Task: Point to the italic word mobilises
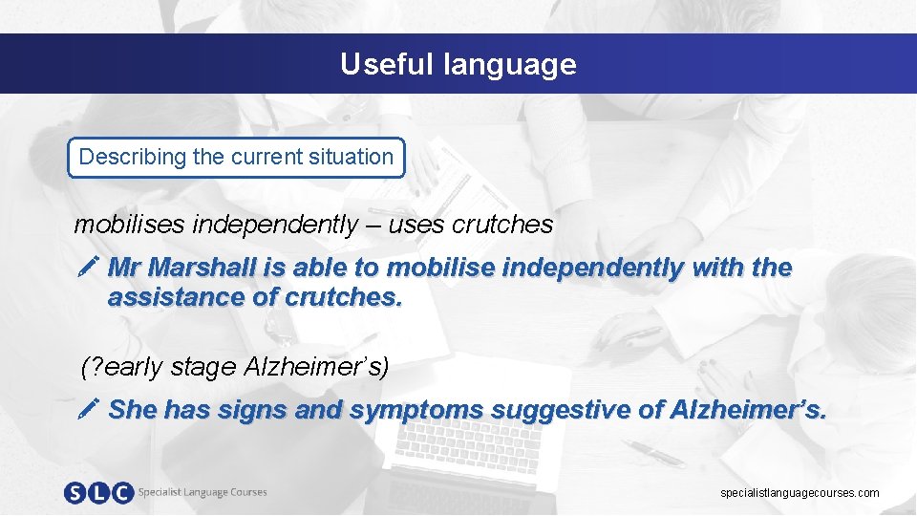(130, 225)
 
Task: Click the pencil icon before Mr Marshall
(88, 268)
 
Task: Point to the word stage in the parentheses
(207, 366)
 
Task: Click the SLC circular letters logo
(97, 493)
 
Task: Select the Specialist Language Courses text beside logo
(203, 492)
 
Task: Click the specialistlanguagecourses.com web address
(800, 493)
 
